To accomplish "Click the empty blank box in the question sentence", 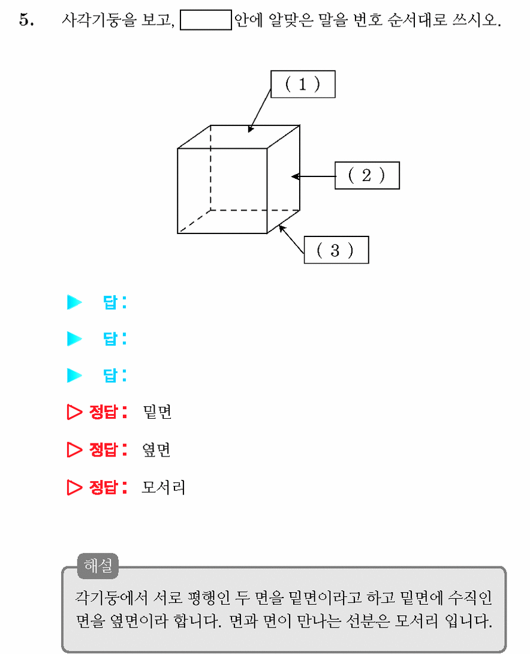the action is [x=206, y=20].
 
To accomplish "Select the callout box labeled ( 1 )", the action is [x=303, y=84].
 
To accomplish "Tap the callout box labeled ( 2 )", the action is [x=367, y=176].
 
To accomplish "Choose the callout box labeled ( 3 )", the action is [x=336, y=250].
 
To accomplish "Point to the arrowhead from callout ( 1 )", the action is [x=251, y=129].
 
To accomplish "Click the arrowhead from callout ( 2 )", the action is [x=296, y=176].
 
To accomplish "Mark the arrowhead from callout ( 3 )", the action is [x=282, y=229].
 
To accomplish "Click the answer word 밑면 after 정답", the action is [x=157, y=412].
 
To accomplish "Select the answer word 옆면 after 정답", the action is [x=156, y=449].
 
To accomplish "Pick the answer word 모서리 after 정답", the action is [x=163, y=487].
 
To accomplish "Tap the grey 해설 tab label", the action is [x=98, y=566].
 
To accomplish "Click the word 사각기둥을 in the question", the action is [x=99, y=20].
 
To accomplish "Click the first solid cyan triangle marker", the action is [x=74, y=302].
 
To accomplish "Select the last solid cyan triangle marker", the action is [x=74, y=375].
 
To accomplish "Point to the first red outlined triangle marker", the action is [x=74, y=412].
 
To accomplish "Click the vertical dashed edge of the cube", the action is [x=211, y=167].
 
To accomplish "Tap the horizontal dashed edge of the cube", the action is [x=255, y=210].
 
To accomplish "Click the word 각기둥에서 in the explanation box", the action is [x=112, y=598].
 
